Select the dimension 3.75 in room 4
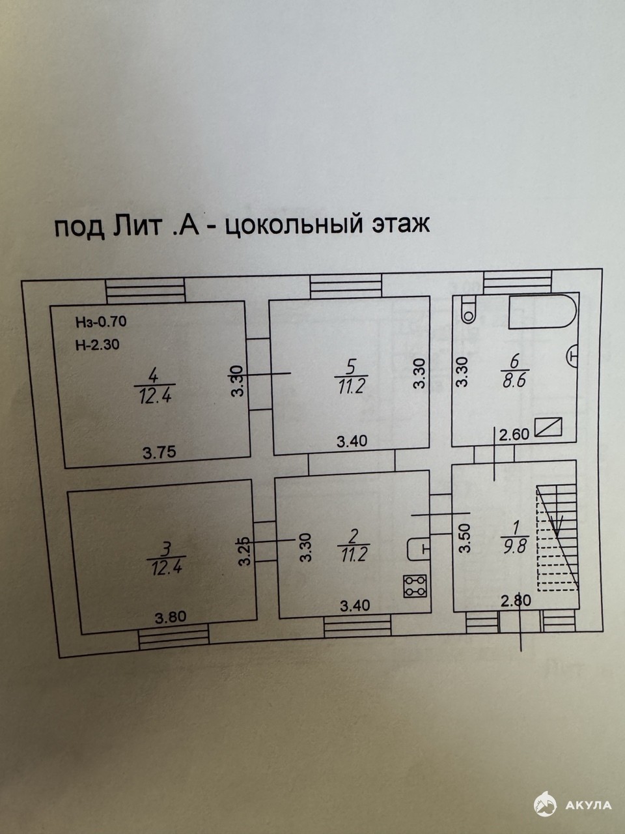tap(159, 452)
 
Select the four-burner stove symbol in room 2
tap(415, 586)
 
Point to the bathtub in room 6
tap(542, 311)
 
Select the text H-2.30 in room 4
tap(97, 346)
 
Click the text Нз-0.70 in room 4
tap(100, 321)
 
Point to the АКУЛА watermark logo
tap(573, 805)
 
